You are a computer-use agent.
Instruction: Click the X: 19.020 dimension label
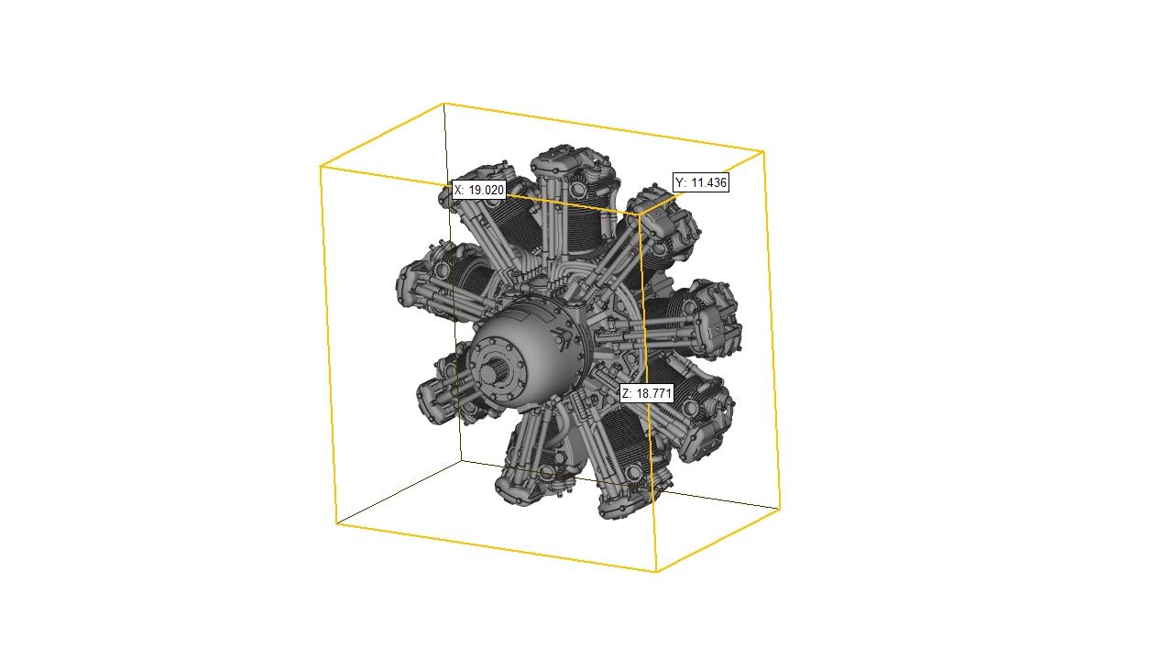point(479,190)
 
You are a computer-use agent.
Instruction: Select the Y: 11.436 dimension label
point(701,182)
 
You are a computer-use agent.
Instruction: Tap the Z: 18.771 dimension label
point(647,393)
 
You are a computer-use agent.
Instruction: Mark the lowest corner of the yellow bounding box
point(656,572)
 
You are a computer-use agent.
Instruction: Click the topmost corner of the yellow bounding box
point(444,104)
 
